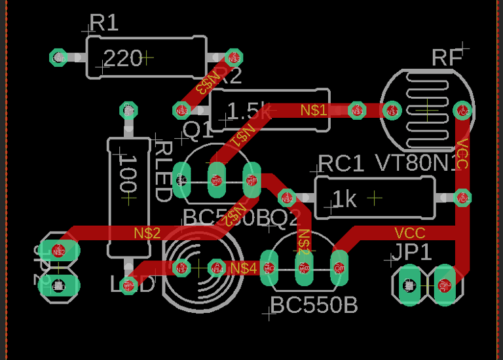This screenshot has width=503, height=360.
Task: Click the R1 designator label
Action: [x=103, y=24]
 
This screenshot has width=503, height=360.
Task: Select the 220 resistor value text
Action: [x=123, y=59]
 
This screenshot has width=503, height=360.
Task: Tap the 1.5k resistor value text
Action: [x=248, y=111]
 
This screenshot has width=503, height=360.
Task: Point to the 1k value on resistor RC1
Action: [x=345, y=199]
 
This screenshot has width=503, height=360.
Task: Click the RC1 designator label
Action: [x=341, y=164]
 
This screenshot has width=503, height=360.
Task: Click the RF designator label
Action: [x=447, y=58]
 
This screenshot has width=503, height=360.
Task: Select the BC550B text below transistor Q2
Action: [x=314, y=305]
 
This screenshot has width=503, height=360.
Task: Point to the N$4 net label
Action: [x=244, y=267]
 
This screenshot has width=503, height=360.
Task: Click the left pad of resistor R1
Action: [x=58, y=58]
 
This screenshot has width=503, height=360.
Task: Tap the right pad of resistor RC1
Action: [x=462, y=197]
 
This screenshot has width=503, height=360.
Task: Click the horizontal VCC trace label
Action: [x=409, y=233]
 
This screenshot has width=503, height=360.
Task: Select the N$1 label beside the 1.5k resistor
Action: [x=314, y=111]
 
